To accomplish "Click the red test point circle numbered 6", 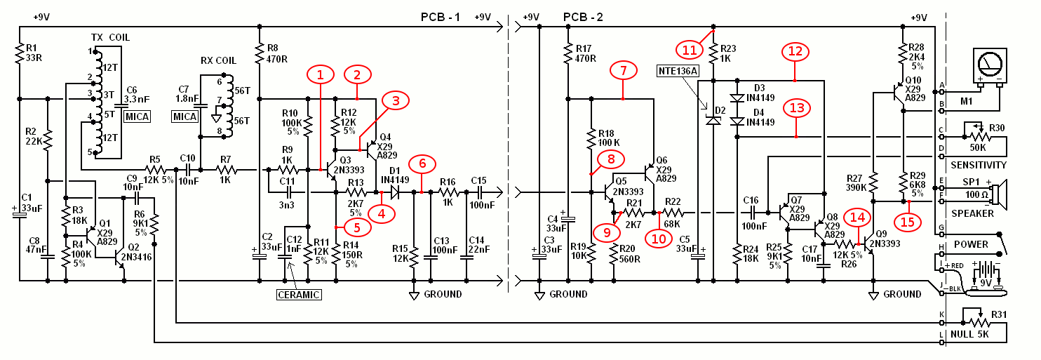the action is point(422,164).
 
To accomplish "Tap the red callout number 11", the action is point(689,51).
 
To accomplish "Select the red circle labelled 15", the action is point(907,222).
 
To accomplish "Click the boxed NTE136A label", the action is point(678,71).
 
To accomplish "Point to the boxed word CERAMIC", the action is point(298,295).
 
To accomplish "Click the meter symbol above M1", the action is point(990,67).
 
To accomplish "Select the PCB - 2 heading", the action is point(583,18).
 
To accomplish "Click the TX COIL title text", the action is point(110,37).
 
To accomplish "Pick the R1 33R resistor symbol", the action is point(20,53).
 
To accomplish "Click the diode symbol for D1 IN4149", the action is point(395,192).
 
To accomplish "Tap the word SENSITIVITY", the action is point(979,165).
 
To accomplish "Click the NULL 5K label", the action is point(969,334).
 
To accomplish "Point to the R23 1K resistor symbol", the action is point(713,53).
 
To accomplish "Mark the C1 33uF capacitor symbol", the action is point(20,215).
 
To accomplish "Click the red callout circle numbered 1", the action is point(320,74).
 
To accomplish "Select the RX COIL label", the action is point(218,60).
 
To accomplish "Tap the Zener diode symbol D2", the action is point(713,121).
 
